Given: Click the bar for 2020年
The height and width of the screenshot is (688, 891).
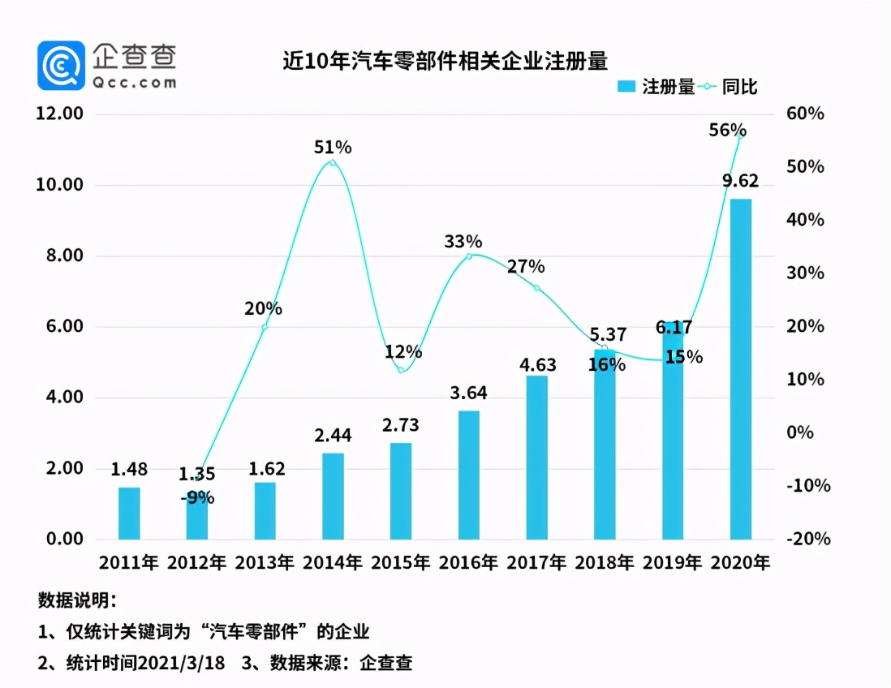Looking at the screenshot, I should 740,369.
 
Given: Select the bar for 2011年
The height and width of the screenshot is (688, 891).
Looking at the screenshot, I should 129,513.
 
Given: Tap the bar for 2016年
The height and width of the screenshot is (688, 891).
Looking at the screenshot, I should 468,475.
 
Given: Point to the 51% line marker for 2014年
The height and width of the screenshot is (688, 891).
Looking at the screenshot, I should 333,163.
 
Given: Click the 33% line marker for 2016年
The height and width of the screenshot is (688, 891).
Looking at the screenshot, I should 468,256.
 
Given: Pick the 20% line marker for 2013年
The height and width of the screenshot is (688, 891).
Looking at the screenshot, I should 265,326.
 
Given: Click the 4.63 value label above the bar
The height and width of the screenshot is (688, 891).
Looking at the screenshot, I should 536,358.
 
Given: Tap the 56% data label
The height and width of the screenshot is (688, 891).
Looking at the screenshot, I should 727,130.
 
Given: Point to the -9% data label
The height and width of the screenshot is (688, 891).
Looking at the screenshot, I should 197,497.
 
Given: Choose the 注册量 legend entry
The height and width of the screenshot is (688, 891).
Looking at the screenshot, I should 656,87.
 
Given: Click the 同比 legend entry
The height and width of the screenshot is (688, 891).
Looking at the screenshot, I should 726,87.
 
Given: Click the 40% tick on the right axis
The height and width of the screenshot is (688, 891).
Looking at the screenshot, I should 805,220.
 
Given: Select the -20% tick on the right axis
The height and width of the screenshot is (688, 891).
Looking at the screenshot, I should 805,540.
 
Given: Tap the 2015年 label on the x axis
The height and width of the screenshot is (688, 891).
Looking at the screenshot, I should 401,562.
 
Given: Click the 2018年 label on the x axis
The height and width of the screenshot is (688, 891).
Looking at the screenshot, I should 605,562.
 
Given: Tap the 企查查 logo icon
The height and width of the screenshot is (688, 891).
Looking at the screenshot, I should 61,65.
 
